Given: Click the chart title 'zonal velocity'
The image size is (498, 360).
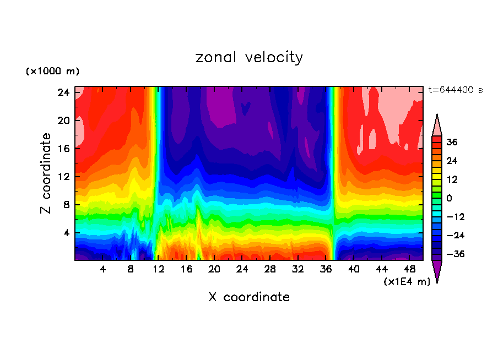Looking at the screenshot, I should (x=249, y=57).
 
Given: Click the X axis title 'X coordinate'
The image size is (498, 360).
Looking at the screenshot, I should (x=249, y=297).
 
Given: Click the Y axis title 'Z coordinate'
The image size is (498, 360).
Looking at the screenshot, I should (x=46, y=174).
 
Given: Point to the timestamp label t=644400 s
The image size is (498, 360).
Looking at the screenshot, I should (x=455, y=90).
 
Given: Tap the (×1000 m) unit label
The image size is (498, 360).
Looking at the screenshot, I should (x=52, y=72).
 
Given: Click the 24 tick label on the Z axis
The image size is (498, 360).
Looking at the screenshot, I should (x=62, y=92).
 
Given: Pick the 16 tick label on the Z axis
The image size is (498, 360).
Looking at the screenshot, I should (x=62, y=149).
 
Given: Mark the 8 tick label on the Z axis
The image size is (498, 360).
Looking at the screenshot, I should (x=64, y=205).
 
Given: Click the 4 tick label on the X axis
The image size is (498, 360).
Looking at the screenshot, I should (x=102, y=270).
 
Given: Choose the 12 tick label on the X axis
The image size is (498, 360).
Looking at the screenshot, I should (x=159, y=270).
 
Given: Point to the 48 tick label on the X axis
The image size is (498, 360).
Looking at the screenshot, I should (x=409, y=270).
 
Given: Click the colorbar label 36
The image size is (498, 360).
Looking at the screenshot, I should (x=452, y=142).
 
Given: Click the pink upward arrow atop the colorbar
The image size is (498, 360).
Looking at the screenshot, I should (x=437, y=125).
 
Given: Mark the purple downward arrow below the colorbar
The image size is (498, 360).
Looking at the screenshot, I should (x=437, y=270).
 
